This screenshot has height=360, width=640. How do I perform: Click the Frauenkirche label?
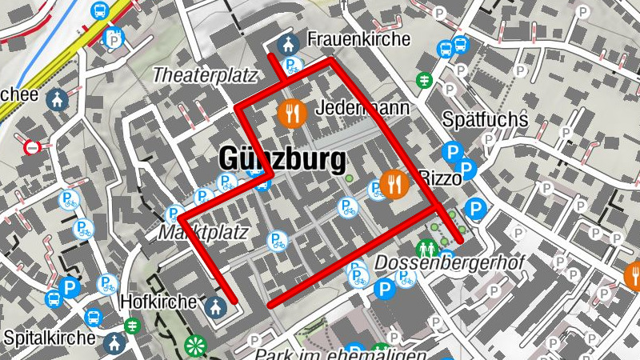(358, 39)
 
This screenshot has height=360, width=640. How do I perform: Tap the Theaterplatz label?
(204, 76)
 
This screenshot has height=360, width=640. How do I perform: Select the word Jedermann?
(362, 108)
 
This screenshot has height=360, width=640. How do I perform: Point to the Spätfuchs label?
(485, 120)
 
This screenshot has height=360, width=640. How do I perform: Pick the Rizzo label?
(439, 179)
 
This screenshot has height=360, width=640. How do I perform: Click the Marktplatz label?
(203, 233)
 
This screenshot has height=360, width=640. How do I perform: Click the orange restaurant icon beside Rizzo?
(394, 185)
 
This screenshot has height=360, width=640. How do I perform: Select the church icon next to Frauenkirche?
(285, 44)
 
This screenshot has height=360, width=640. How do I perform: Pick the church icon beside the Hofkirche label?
(214, 306)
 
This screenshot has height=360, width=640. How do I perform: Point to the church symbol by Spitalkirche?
(115, 344)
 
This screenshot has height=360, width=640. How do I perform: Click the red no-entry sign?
(32, 147)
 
